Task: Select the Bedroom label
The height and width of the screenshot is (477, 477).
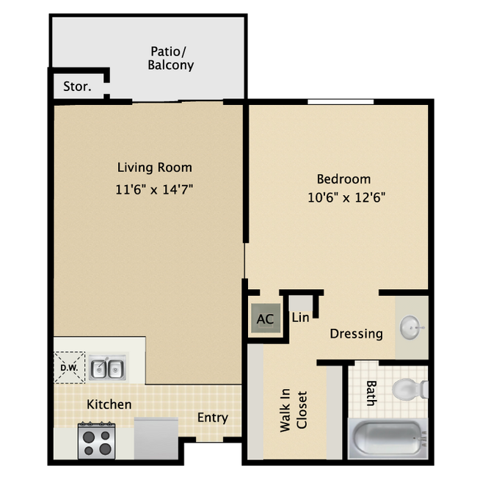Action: click(343, 178)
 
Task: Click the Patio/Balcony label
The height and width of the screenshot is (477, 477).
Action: click(172, 58)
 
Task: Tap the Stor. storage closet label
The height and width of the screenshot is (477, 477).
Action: click(77, 87)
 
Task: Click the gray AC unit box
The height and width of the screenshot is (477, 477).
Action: click(265, 319)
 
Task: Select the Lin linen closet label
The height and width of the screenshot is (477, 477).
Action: click(300, 318)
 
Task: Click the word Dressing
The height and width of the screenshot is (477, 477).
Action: click(356, 334)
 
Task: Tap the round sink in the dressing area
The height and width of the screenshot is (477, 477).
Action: click(412, 325)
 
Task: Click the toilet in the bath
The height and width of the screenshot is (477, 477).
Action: click(406, 388)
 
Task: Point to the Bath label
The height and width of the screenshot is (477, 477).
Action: click(371, 393)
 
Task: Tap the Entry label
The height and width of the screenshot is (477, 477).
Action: click(213, 418)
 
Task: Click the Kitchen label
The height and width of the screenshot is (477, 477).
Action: click(109, 404)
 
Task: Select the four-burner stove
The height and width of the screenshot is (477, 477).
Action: click(96, 440)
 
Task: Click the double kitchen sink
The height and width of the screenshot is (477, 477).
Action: click(107, 368)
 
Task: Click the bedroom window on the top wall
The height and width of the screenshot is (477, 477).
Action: click(341, 102)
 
